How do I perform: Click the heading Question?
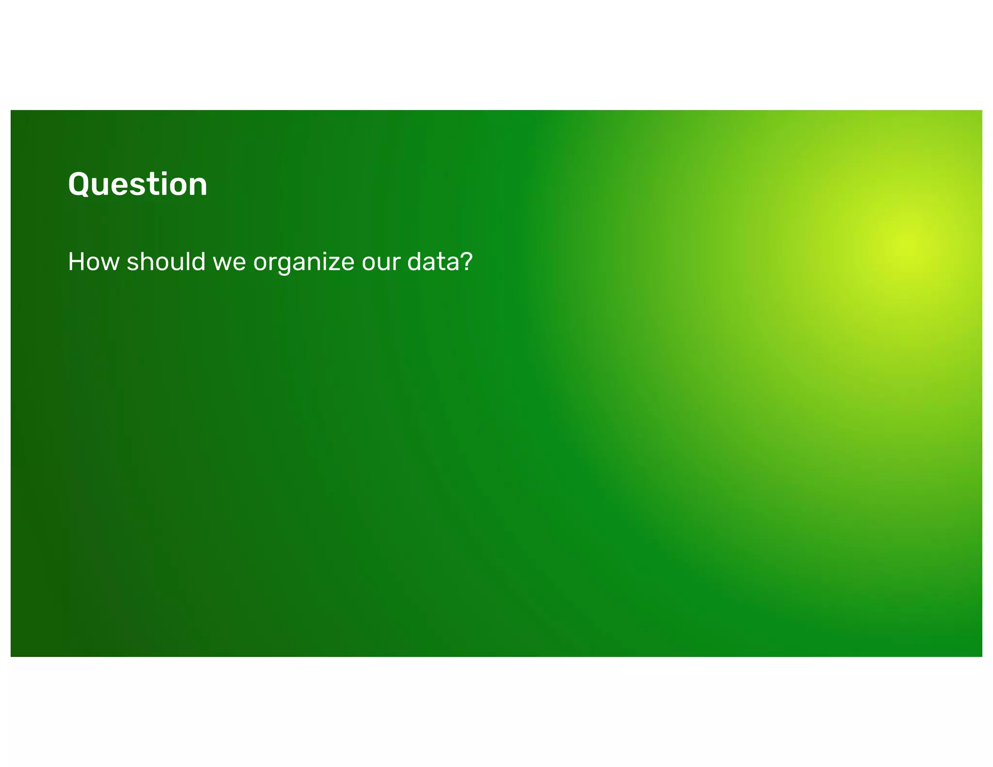pos(138,185)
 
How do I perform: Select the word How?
pos(94,262)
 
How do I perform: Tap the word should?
pos(166,262)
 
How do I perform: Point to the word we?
pos(229,263)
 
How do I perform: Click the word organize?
pos(304,263)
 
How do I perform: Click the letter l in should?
pos(186,261)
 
